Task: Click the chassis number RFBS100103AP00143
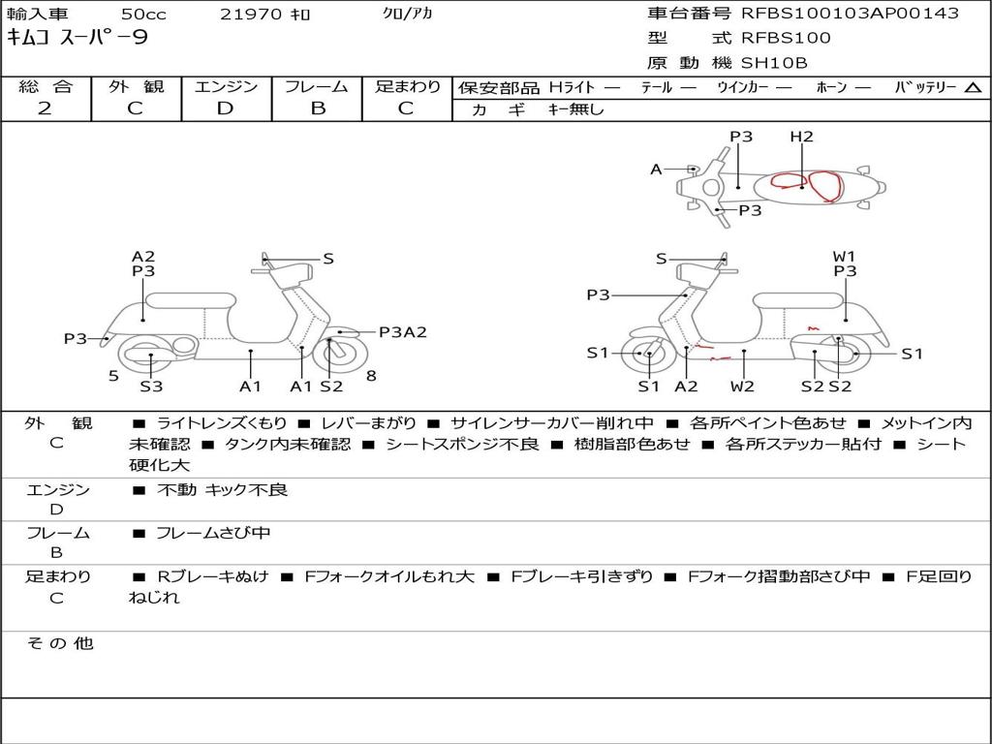[850, 14]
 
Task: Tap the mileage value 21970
[251, 15]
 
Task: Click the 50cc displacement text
[142, 15]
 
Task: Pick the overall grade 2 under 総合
[45, 108]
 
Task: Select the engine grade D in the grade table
[225, 108]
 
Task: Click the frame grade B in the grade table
[318, 108]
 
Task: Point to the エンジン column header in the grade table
[226, 87]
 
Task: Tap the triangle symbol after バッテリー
[973, 88]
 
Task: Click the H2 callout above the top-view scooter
[801, 137]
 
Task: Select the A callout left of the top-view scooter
[656, 170]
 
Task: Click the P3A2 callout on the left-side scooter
[402, 332]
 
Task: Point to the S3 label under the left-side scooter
[151, 387]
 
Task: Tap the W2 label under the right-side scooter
[743, 387]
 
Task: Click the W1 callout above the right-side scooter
[845, 257]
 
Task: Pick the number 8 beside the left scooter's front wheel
[371, 375]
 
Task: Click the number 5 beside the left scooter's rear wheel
[113, 375]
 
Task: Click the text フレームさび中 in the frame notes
[213, 533]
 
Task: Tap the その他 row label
[59, 643]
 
